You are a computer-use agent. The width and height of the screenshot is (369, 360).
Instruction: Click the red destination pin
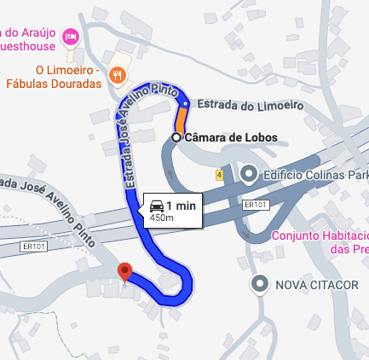(126, 272)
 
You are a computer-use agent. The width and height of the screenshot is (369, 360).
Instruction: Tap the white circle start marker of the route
(176, 136)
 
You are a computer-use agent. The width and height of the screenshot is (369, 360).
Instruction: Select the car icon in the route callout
(157, 206)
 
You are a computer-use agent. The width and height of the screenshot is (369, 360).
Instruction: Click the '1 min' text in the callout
(181, 206)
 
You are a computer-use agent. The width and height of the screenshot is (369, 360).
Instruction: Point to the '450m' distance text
(162, 218)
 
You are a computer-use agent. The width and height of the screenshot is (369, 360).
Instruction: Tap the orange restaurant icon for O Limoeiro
(118, 75)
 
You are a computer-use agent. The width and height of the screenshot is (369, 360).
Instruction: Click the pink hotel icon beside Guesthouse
(71, 37)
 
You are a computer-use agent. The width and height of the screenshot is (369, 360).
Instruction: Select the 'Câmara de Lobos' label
(230, 136)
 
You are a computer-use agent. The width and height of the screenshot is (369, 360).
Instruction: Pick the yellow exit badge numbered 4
(219, 174)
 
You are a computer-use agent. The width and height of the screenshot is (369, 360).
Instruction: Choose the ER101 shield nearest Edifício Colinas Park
(255, 206)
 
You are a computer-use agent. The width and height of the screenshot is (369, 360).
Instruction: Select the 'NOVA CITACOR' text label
(308, 283)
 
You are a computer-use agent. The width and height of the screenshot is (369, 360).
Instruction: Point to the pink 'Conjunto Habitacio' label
(320, 235)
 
